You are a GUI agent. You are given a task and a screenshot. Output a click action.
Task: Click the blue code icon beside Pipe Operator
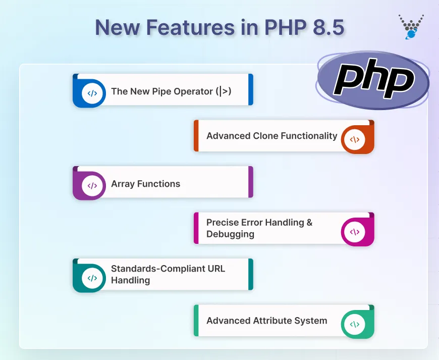[92, 93]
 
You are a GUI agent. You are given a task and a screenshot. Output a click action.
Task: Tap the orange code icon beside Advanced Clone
[355, 139]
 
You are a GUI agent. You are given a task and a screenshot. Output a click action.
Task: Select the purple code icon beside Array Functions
[92, 185]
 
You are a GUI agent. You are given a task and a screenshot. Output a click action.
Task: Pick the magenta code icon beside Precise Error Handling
[355, 232]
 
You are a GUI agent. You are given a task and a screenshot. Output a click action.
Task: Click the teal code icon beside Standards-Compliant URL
[92, 278]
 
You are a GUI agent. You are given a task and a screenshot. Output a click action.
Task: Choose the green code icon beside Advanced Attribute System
[355, 324]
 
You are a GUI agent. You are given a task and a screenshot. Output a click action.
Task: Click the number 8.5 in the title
[326, 27]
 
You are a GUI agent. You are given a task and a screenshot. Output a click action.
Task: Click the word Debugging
[230, 234]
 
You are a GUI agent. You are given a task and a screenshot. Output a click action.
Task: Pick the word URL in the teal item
[215, 269]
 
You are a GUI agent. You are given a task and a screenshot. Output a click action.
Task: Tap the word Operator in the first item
[193, 91]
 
